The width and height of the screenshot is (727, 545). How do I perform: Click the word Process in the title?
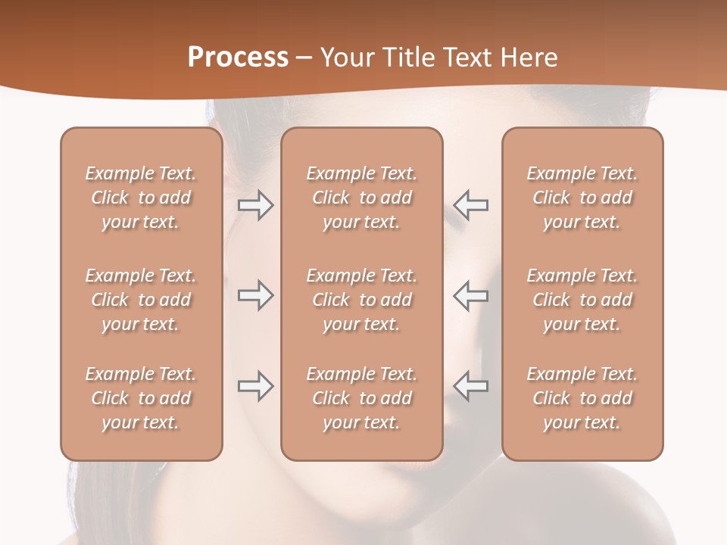[x=238, y=58]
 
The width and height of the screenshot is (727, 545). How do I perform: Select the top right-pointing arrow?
[x=255, y=205]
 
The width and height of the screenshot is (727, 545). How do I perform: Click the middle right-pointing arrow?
[x=255, y=295]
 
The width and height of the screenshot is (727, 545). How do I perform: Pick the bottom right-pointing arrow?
[x=255, y=386]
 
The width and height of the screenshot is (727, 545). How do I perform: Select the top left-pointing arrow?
[x=471, y=205]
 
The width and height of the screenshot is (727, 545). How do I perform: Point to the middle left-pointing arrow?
[x=471, y=295]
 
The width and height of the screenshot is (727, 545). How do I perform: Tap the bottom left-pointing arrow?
[x=471, y=386]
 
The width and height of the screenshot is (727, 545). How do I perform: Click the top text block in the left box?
[x=141, y=198]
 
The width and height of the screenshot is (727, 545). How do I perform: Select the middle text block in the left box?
[x=141, y=300]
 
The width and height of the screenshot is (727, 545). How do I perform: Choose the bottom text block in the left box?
[x=141, y=398]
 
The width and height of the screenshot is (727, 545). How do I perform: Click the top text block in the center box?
[x=362, y=198]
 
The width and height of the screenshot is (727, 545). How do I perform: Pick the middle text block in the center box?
[x=362, y=300]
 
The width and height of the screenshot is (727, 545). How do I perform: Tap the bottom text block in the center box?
[x=362, y=398]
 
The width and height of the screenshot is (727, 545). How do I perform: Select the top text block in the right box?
[x=582, y=198]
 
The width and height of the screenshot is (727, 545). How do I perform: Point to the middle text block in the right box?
[x=582, y=300]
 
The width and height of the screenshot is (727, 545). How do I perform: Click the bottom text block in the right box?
[x=582, y=398]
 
